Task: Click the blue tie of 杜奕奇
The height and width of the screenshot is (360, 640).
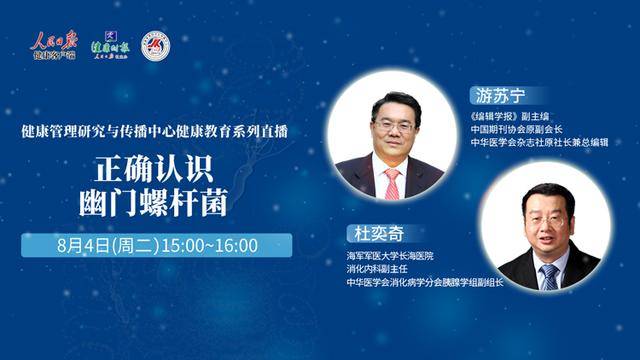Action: [547, 273]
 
